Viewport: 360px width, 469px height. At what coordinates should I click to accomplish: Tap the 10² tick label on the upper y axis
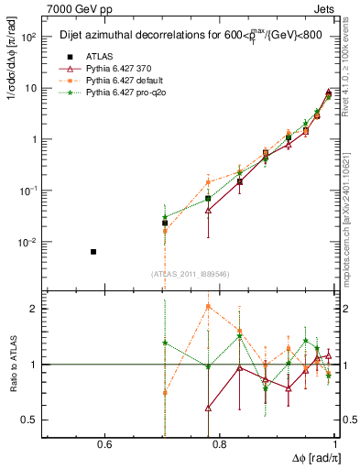[x=27, y=38]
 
